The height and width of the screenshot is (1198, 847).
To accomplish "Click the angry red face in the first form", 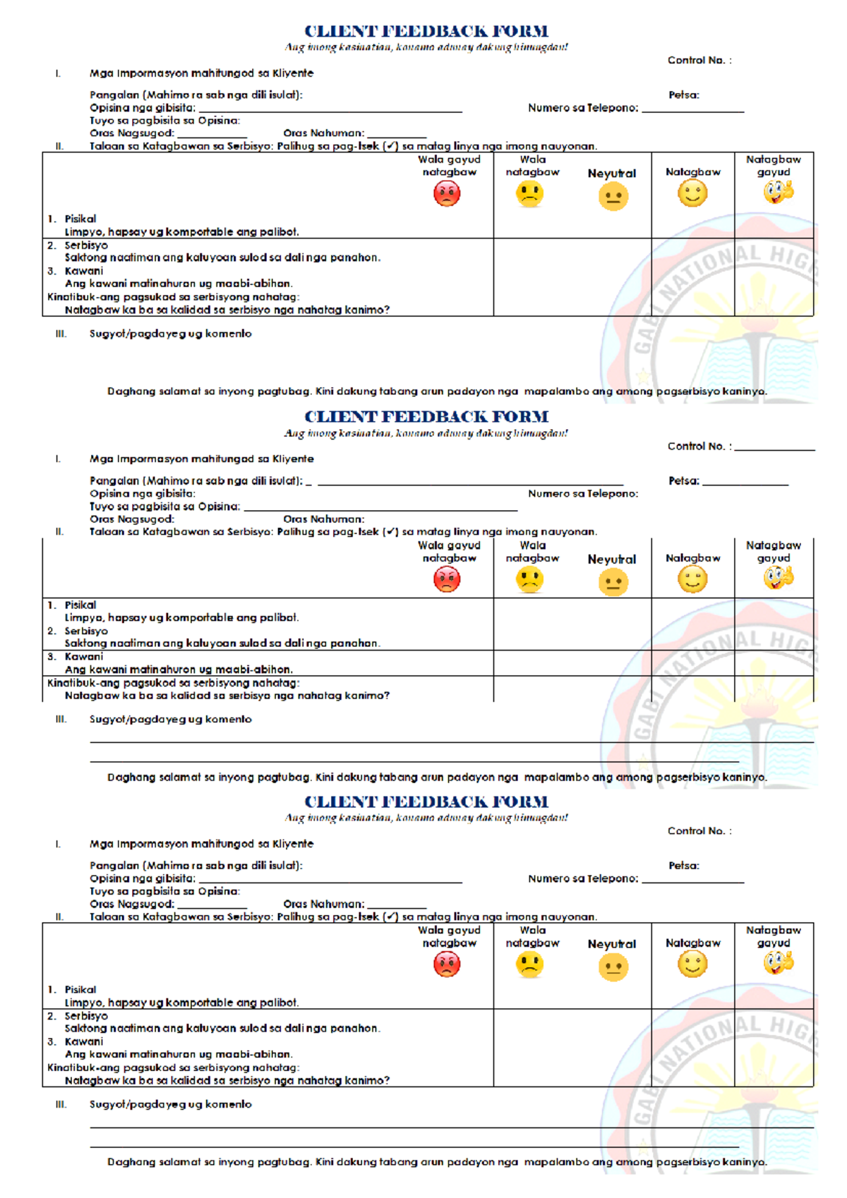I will click(447, 193).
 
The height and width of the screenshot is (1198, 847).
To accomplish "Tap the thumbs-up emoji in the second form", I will click(778, 577).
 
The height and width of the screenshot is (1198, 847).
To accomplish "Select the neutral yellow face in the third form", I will click(613, 967).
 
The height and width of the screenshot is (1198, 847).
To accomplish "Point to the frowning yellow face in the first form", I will click(529, 193).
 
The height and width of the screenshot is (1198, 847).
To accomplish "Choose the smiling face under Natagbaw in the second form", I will click(692, 580).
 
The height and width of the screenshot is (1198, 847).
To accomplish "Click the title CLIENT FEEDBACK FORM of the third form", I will click(426, 801).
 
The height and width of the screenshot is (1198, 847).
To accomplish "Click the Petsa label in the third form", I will click(684, 866).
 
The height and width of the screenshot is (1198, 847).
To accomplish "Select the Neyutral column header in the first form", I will click(612, 174).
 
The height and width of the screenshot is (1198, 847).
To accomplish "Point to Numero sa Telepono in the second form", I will click(583, 494).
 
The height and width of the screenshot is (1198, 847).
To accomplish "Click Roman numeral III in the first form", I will click(61, 334).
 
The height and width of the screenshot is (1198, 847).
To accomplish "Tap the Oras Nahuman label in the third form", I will click(324, 904).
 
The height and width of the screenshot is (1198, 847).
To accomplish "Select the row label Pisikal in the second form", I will click(80, 605).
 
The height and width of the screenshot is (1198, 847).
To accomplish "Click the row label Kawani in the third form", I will click(84, 1041).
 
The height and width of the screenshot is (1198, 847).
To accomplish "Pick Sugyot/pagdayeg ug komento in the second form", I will click(170, 719).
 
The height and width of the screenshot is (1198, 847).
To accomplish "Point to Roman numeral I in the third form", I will click(58, 844).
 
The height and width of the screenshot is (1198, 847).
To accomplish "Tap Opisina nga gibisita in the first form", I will click(143, 108).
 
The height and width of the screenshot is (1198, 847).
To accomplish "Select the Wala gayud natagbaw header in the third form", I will click(450, 936).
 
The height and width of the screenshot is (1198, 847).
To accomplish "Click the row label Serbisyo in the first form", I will click(86, 246).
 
